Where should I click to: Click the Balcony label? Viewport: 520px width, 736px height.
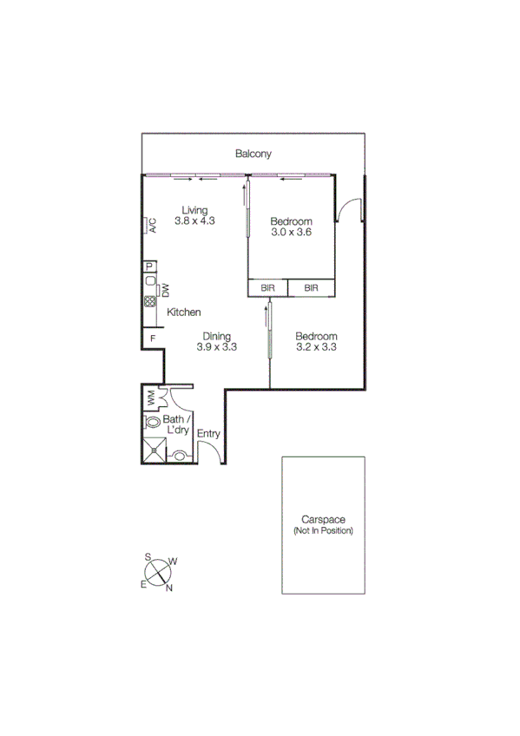(x=253, y=154)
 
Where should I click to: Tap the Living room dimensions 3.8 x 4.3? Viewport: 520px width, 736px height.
(x=194, y=220)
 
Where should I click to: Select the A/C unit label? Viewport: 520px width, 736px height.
(x=151, y=227)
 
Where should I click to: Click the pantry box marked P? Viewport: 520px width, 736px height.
(x=149, y=266)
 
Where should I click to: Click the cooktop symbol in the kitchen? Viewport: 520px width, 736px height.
(x=149, y=302)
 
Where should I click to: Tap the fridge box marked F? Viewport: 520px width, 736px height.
(x=152, y=337)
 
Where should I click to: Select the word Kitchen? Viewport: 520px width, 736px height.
(x=184, y=312)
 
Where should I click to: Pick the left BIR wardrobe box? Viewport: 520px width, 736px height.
(x=268, y=288)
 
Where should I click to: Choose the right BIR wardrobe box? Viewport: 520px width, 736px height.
(x=311, y=288)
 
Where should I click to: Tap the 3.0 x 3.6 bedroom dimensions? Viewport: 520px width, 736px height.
(x=291, y=233)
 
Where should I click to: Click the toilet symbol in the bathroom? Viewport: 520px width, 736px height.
(x=154, y=423)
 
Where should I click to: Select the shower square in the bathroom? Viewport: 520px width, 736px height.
(x=154, y=449)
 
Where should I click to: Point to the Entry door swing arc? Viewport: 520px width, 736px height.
(x=209, y=450)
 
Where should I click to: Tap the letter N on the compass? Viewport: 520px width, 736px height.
(x=169, y=588)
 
